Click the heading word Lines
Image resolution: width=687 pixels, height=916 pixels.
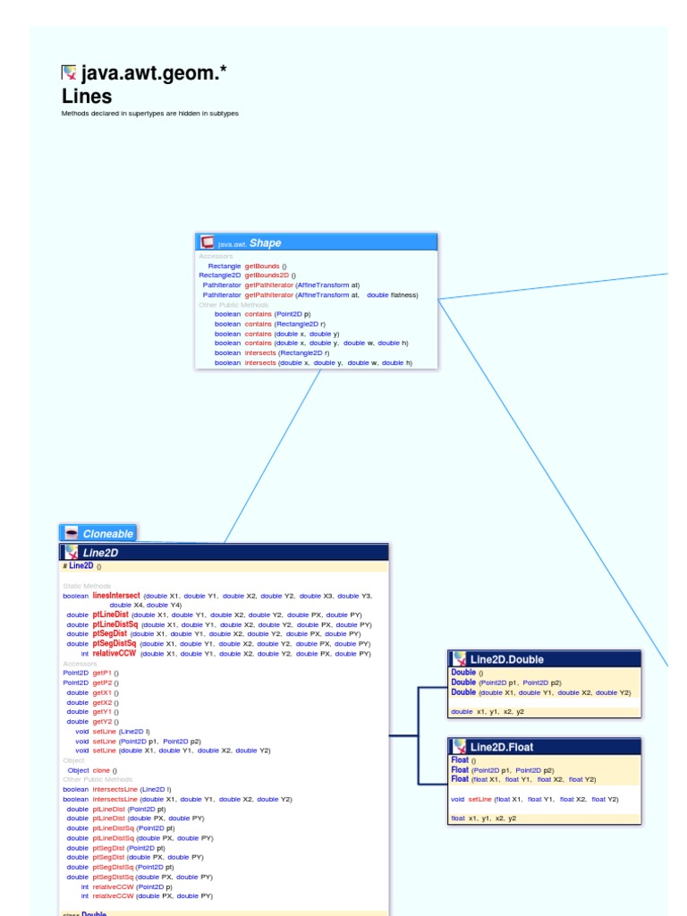click(x=87, y=97)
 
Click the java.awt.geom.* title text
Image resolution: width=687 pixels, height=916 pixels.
click(x=154, y=73)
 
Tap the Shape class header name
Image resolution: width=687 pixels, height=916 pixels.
click(x=265, y=242)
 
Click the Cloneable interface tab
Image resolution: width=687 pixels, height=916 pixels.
click(x=107, y=534)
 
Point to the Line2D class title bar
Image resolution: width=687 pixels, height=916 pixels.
click(x=224, y=553)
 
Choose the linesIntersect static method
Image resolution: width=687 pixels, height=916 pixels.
click(x=116, y=595)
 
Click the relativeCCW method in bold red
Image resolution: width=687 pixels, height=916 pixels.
click(x=114, y=654)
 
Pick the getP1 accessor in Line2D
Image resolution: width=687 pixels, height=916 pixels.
click(x=102, y=673)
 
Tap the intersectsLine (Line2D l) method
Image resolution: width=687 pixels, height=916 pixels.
click(x=115, y=789)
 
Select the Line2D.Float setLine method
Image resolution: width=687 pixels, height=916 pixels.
click(x=479, y=799)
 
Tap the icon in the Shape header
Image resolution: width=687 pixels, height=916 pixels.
click(x=208, y=242)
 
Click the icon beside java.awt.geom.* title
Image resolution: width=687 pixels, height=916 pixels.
click(x=69, y=73)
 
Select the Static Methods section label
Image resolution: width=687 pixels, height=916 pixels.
click(x=87, y=585)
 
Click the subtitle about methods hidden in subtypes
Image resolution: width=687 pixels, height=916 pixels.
click(x=149, y=114)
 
